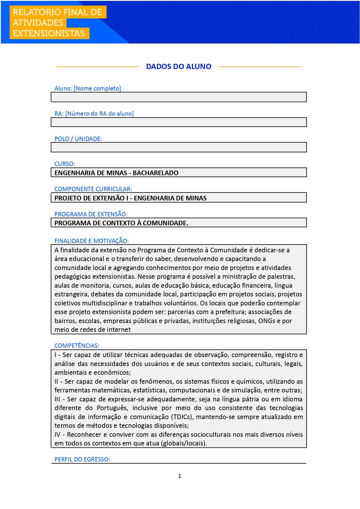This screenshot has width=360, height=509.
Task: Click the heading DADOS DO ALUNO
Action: (x=179, y=66)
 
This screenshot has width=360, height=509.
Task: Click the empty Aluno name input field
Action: (x=179, y=97)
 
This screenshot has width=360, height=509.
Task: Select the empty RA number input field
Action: (x=179, y=122)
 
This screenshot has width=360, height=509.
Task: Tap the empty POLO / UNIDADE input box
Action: (x=179, y=147)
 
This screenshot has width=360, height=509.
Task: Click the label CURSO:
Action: (x=65, y=164)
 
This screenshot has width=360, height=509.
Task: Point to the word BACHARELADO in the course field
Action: (x=156, y=173)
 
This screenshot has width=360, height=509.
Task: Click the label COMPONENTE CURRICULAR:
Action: (x=93, y=189)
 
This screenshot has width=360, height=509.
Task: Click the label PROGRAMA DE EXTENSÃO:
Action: (x=91, y=214)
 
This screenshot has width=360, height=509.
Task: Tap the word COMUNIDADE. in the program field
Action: (x=166, y=223)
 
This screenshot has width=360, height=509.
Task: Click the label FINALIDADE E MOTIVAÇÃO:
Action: (x=91, y=241)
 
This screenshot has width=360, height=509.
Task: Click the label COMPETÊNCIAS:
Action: (x=77, y=345)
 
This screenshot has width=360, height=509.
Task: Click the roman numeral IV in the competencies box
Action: (x=57, y=434)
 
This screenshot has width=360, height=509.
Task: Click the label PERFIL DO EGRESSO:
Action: (x=82, y=459)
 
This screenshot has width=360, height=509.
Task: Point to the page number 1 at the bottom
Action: (x=180, y=476)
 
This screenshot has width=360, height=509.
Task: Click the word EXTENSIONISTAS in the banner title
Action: (x=49, y=33)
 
